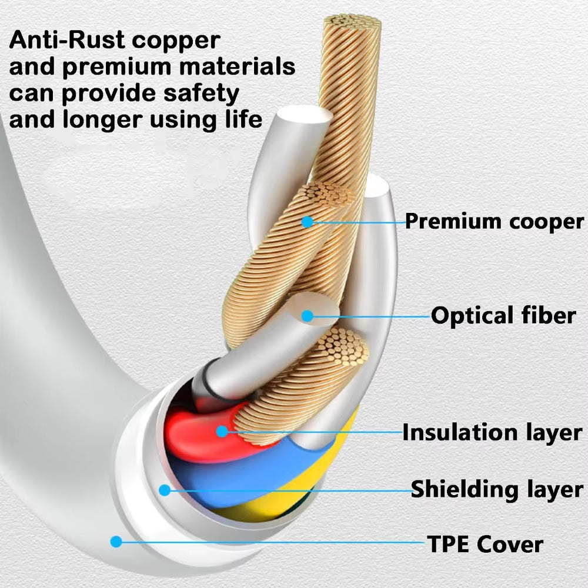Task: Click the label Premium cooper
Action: click(494, 222)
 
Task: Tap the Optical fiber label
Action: click(503, 316)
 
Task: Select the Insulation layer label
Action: click(492, 432)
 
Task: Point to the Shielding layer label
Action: click(497, 489)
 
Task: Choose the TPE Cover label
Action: click(485, 544)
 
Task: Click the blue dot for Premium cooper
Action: click(306, 222)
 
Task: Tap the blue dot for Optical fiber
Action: click(307, 316)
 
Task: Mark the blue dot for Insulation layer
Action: click(222, 431)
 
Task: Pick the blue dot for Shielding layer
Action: click(165, 489)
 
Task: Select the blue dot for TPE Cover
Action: click(116, 542)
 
